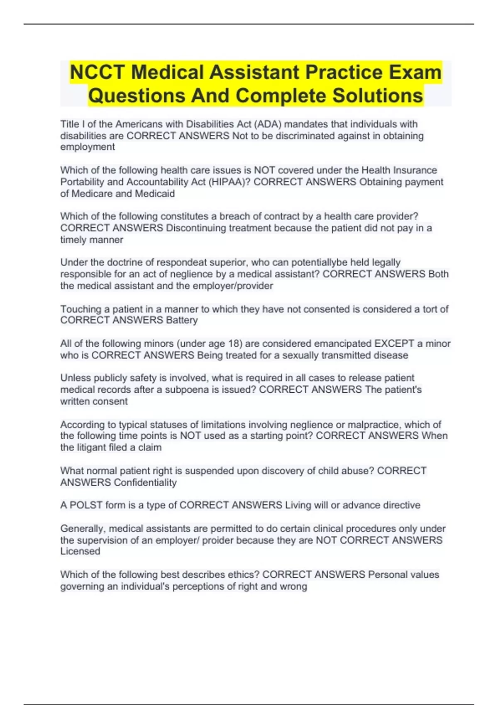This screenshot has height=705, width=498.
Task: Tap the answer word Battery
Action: point(182,320)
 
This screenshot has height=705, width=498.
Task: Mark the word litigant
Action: point(90,447)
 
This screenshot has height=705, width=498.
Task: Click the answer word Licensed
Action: point(80,551)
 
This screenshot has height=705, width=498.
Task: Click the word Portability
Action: point(82,182)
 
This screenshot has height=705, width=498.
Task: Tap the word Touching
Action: point(81,309)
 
